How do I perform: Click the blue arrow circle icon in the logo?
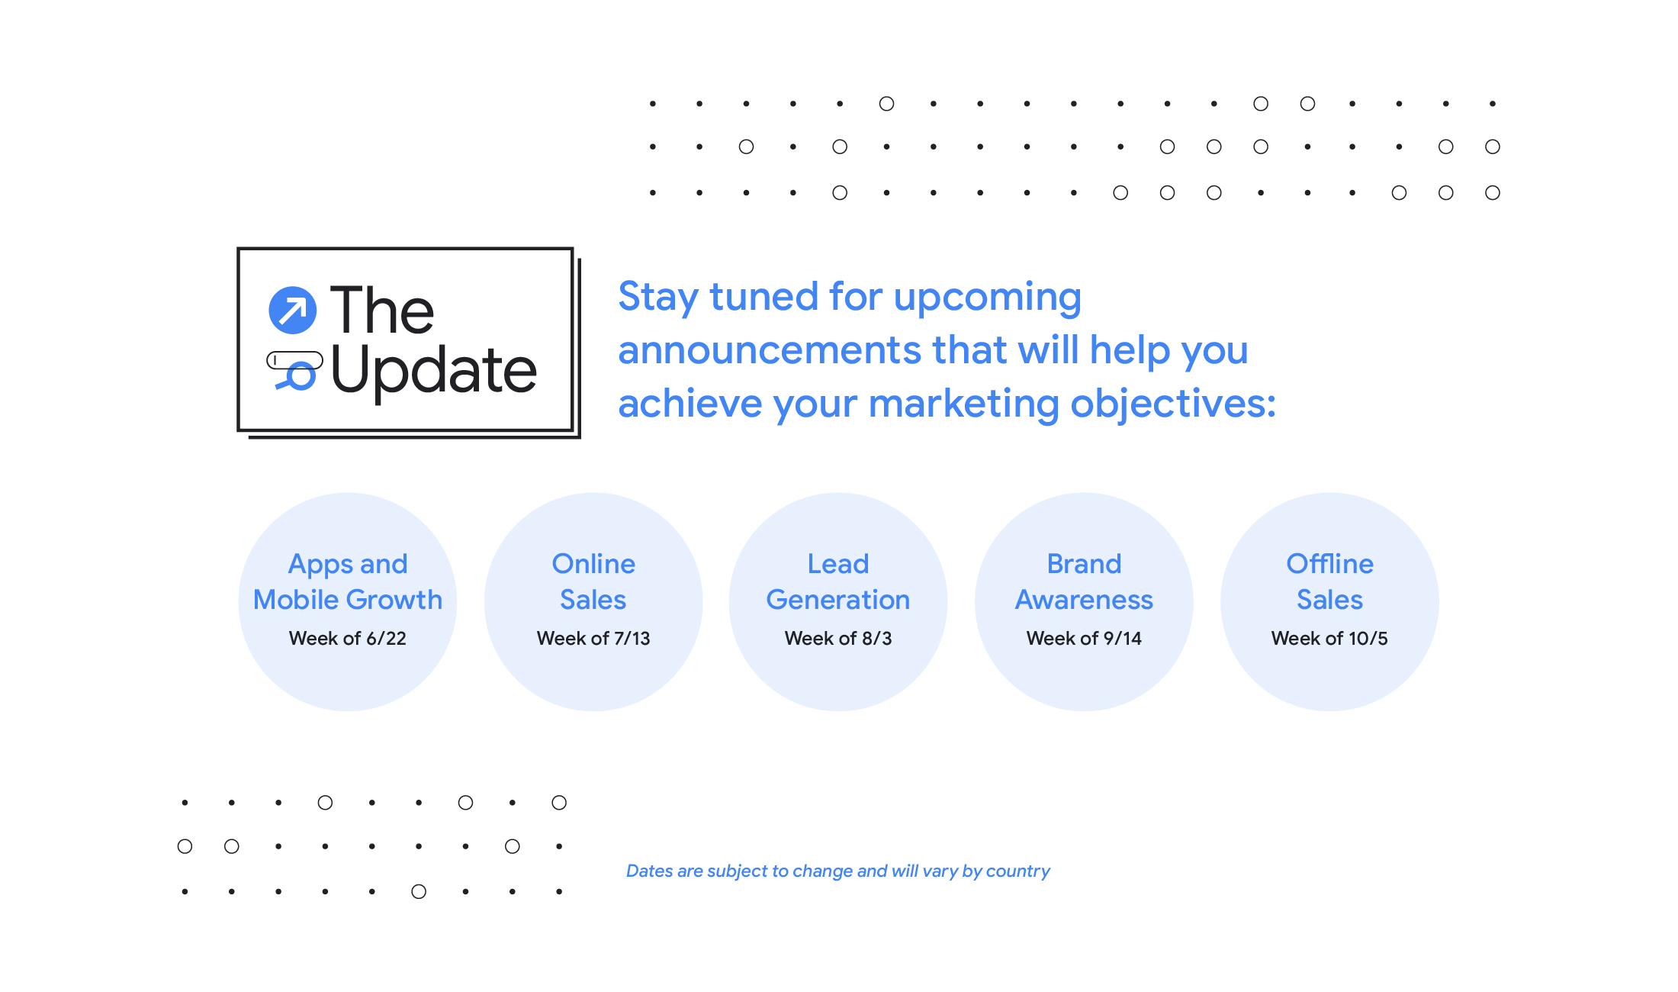coord(293,310)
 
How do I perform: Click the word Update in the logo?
coord(434,372)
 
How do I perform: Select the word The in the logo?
coord(381,311)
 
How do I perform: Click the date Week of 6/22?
coord(347,638)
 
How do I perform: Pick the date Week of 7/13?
coord(593,638)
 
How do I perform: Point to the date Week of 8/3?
coord(838,638)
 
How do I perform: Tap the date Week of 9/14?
coord(1084,638)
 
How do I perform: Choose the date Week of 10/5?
coord(1329,638)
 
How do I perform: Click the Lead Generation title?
coord(838,581)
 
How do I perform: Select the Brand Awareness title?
coord(1084,581)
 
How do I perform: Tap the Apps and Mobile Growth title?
coord(347,581)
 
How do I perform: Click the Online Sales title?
coord(593,581)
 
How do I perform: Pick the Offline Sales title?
coord(1329,581)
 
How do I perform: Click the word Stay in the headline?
coord(657,297)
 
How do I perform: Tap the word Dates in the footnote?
coord(649,871)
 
